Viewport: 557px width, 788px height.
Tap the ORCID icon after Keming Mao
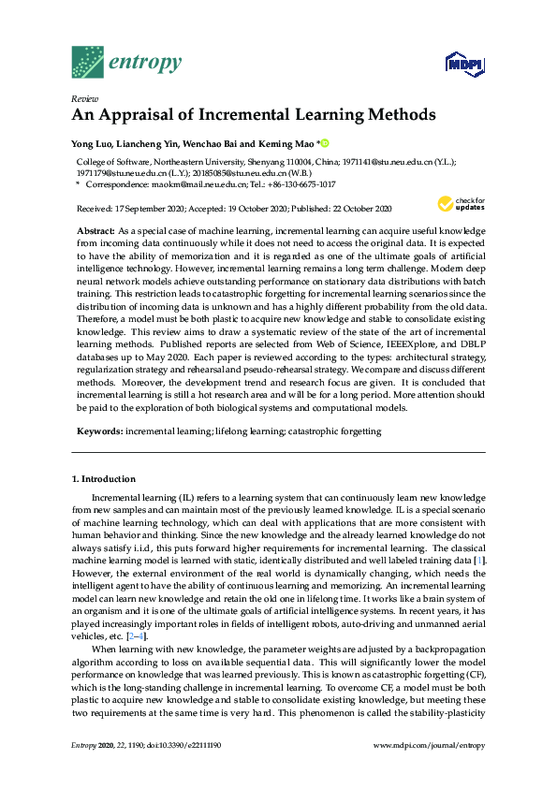(325, 143)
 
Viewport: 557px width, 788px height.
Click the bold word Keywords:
(98, 431)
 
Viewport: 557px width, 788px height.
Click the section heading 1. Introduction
(106, 478)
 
